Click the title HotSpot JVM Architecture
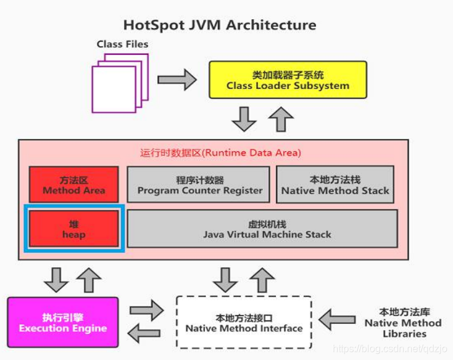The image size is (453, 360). pos(219,26)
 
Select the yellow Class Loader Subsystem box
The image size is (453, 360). pos(287,80)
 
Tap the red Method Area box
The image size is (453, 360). pos(74,185)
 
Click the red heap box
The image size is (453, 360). pos(74,229)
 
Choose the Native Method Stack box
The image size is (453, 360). pos(335,185)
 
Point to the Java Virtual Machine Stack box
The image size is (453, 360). pos(262,229)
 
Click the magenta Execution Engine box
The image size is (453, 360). pos(62,323)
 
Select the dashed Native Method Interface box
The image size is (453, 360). pos(244,322)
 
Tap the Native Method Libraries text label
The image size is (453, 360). pos(403,322)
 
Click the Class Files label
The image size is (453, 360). pos(122,45)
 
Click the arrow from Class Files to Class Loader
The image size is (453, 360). pos(177,80)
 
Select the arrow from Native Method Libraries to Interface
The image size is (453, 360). pos(341,320)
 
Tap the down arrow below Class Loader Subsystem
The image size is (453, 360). pos(244,118)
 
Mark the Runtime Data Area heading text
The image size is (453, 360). pos(220,153)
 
